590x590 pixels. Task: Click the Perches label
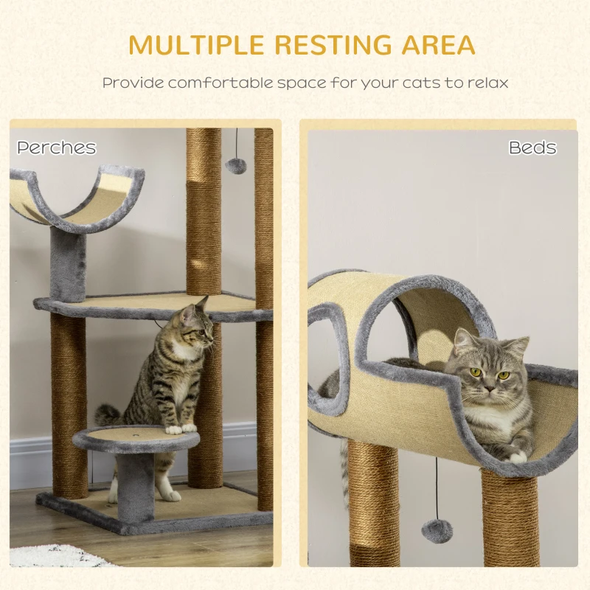(x=57, y=147)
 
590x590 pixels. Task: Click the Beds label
(x=532, y=147)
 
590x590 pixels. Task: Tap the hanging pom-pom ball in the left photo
(x=236, y=165)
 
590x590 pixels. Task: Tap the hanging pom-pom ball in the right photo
(x=437, y=530)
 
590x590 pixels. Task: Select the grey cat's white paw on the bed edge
(x=518, y=457)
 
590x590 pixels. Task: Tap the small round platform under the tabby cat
(x=136, y=439)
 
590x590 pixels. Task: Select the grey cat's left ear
(x=464, y=341)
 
